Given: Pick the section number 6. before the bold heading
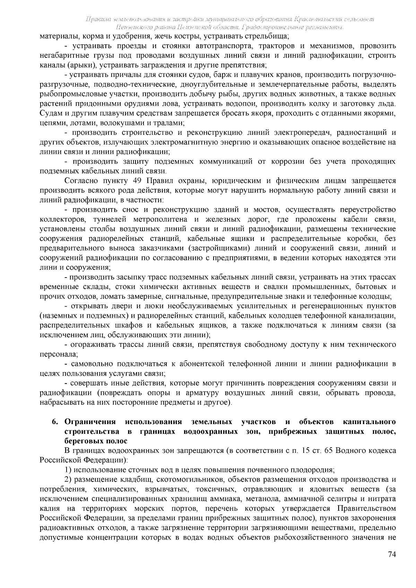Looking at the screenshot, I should click(x=55, y=422).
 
